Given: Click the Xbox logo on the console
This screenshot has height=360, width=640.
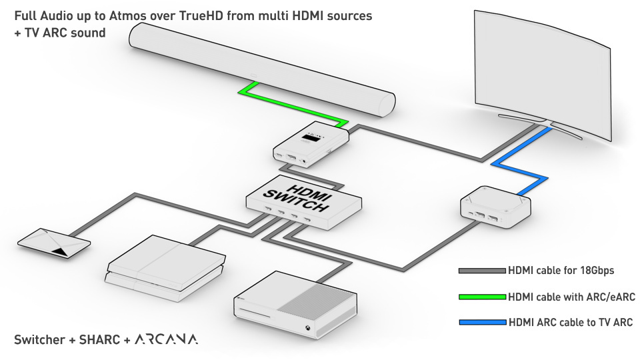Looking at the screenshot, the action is [307, 329].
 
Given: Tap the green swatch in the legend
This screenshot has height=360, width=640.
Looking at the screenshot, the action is [482, 297].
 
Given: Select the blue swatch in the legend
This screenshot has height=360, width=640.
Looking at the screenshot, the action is [483, 323].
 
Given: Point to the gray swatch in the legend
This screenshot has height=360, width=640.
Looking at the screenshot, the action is [482, 271].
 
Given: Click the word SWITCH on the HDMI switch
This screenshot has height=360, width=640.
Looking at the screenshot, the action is [296, 200].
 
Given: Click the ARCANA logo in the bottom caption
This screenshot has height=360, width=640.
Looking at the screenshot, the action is [166, 339].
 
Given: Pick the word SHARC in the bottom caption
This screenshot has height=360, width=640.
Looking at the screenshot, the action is [99, 339].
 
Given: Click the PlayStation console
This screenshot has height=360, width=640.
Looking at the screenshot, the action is [165, 268].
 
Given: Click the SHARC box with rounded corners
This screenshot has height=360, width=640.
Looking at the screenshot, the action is [495, 207].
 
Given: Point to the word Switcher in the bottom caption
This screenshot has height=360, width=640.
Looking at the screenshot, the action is [39, 339].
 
